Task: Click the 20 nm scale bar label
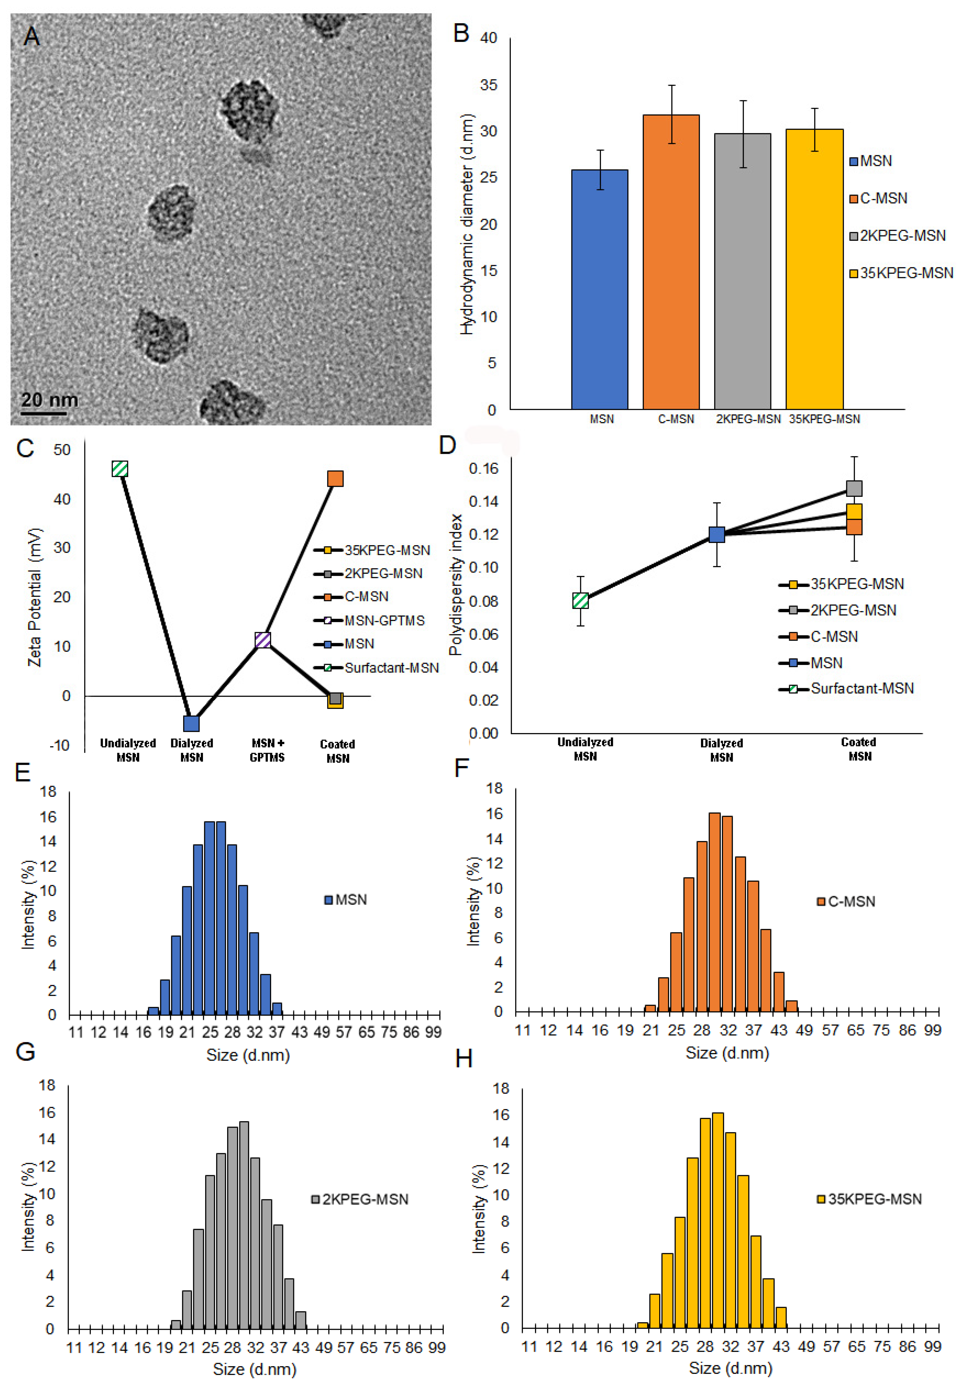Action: [x=50, y=399]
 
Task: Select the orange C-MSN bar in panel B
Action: [x=671, y=262]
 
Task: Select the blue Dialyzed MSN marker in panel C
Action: [x=191, y=723]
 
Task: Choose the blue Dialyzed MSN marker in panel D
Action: [x=717, y=534]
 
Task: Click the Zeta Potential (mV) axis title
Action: [x=35, y=597]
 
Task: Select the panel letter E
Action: [x=23, y=772]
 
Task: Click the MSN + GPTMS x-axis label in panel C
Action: [x=267, y=750]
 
